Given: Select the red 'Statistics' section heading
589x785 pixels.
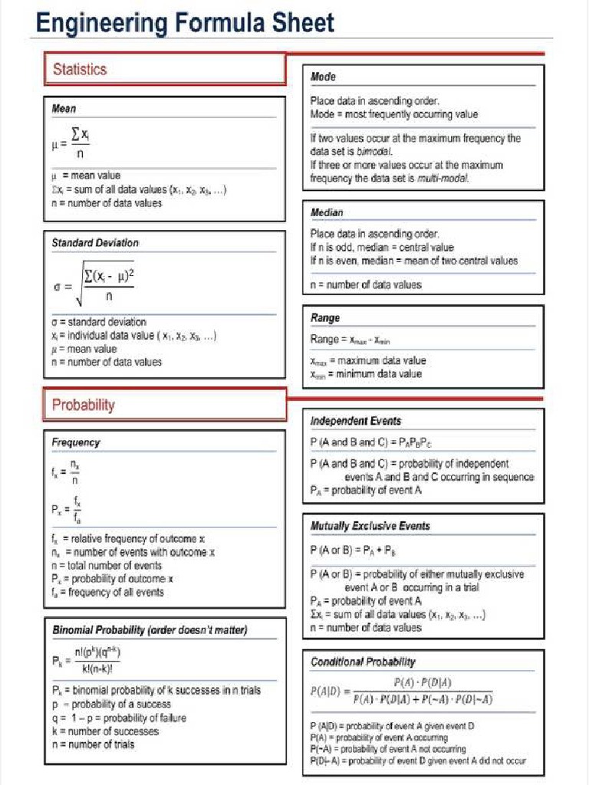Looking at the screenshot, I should pos(80,69).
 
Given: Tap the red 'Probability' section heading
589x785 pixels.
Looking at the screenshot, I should pos(83,405).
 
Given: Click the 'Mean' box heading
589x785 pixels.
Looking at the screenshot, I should pos(64,109).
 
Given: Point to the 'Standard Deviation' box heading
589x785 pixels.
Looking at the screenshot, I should pos(95,242).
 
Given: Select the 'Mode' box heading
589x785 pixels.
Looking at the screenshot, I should pos(323,77).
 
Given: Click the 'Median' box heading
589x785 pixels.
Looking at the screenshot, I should pos(327,212).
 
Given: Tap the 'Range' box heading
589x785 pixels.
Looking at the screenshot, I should pos(325,317).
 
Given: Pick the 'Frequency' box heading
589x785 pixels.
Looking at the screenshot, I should pos(75,442).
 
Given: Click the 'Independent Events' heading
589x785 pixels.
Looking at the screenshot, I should pos(355,421).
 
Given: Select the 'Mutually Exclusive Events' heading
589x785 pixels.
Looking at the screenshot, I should pos(370,526).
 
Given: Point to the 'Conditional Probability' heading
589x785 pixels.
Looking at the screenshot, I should pos(363,662).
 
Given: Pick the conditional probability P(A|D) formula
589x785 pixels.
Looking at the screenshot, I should pos(402,690).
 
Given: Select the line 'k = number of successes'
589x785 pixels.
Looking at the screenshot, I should pos(105,731).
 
